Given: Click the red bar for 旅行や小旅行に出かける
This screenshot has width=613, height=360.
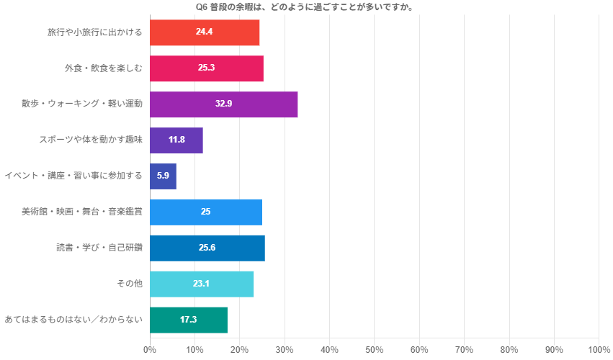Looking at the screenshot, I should (205, 32).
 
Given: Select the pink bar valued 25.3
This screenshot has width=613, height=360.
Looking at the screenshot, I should (207, 68).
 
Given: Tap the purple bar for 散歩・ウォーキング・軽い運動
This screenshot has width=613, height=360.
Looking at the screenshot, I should (223, 104).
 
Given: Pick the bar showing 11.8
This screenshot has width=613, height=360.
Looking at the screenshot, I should (176, 140).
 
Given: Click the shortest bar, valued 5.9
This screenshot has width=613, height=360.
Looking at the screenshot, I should (163, 176).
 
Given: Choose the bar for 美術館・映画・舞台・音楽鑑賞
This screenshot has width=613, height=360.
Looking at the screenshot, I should (206, 212).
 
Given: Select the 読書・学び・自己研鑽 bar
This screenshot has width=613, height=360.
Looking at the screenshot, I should (207, 248).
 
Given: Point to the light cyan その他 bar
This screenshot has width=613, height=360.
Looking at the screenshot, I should (202, 284).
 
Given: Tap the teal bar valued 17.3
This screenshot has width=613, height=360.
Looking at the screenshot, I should (189, 320).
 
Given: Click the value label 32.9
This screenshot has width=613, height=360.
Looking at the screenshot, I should (223, 104).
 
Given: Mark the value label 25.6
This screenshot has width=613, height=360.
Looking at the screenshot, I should (207, 248).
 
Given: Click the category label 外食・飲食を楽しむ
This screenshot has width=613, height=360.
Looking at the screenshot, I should (103, 68).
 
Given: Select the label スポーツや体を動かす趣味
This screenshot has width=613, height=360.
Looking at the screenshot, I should (91, 140).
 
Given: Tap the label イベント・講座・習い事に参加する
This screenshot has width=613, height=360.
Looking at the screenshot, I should (73, 176).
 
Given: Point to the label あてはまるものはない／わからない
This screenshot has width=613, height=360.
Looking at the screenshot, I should (73, 320).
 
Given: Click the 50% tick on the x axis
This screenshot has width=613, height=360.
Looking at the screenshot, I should (374, 350).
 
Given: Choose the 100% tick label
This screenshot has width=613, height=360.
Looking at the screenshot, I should (599, 350).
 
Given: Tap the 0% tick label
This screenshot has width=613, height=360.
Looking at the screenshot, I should (150, 350).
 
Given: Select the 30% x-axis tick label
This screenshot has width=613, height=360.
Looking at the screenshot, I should (285, 350).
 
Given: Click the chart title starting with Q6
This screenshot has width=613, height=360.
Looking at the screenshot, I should (309, 7).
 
